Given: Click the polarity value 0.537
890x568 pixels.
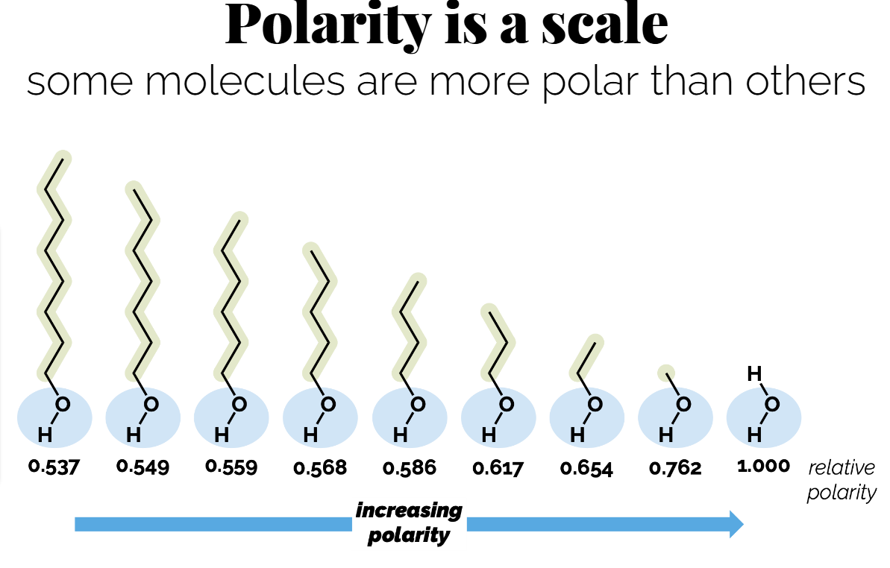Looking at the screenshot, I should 54,467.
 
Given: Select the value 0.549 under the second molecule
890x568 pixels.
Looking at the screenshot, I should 142,467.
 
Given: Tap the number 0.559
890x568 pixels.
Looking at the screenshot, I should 231,467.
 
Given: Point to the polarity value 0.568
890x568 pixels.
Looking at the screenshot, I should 320,468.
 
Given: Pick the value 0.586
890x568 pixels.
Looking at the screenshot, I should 410,468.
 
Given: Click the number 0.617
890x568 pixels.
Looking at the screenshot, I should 498,468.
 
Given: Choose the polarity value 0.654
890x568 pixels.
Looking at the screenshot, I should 586,468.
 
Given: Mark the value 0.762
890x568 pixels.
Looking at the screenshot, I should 675,468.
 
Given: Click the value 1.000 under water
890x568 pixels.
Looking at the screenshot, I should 763,467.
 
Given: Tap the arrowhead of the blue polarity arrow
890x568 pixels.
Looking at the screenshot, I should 736,524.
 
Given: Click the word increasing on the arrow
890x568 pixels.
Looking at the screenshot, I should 409,511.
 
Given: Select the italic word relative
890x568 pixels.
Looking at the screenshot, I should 842,468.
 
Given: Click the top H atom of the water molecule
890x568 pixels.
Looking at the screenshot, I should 754,374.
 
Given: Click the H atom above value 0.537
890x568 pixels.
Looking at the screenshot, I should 45,434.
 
